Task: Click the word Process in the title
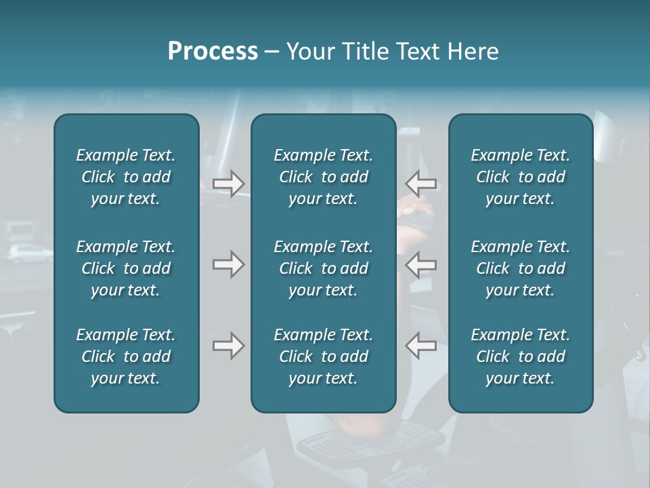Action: pos(213,52)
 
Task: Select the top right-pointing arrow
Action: pos(228,184)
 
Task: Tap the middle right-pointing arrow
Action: pos(228,264)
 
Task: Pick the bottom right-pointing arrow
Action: pos(228,346)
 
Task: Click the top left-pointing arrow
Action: pos(421,184)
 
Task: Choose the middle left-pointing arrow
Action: pos(421,264)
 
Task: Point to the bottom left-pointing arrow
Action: pos(421,346)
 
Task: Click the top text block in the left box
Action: pos(126,177)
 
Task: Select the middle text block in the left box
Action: pos(126,268)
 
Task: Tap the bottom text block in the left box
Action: pos(126,357)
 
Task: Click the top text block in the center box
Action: pos(323,177)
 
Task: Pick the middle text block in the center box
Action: pos(323,268)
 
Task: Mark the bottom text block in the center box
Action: pos(323,357)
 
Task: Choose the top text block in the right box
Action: pos(520,177)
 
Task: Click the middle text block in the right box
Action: pos(520,268)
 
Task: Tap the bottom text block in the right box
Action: pos(520,357)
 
